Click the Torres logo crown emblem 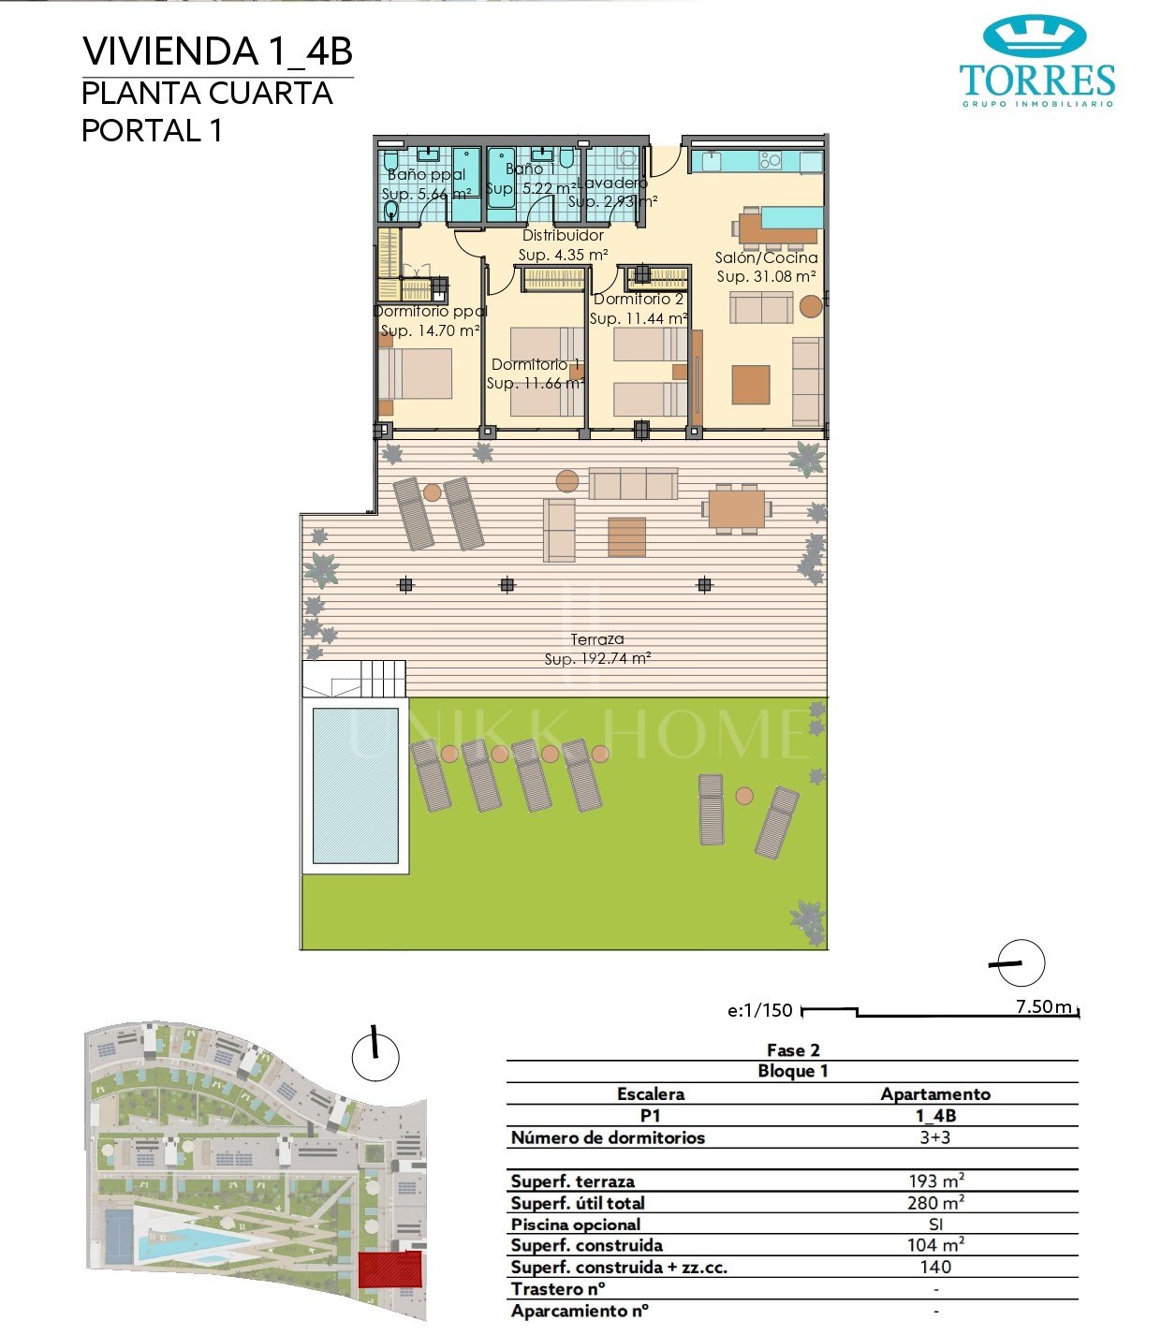[1035, 37]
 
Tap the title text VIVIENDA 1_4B [217, 51]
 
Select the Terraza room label [597, 639]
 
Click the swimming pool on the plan [355, 785]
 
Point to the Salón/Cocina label [766, 257]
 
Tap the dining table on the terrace [737, 509]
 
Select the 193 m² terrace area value [935, 1181]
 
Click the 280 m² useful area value [935, 1203]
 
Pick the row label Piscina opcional [576, 1225]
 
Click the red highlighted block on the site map [390, 1269]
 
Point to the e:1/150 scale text [759, 1010]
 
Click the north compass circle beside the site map [375, 1057]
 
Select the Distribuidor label [563, 236]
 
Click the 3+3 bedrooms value [935, 1137]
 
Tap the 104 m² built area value [935, 1245]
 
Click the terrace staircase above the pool [382, 678]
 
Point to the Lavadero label [611, 183]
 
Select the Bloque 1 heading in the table [792, 1071]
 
